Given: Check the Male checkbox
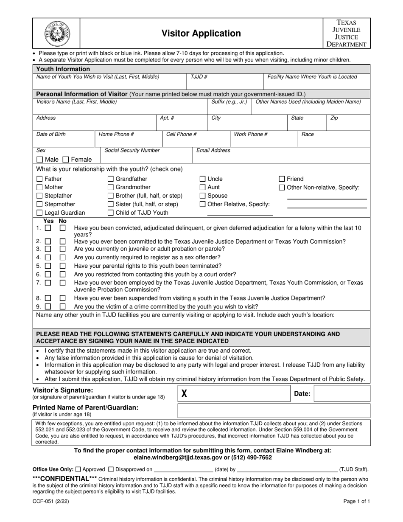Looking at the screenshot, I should point(40,160).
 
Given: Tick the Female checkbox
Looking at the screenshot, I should point(66,160).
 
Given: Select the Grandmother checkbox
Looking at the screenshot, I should point(111,187).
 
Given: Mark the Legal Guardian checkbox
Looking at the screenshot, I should point(40,213).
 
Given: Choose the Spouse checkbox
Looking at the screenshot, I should point(203,196).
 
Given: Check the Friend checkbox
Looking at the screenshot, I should point(282,179).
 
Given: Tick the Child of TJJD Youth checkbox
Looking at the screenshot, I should point(111,213).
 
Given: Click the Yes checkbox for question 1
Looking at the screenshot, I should point(48,228).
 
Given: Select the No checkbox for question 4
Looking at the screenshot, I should point(62,257).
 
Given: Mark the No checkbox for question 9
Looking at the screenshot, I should point(62,306).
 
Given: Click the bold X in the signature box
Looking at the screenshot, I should point(184,394).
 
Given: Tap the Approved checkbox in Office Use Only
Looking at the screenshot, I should point(78,469).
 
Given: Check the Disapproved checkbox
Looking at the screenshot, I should point(111,469).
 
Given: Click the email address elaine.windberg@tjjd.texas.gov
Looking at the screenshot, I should point(182,457).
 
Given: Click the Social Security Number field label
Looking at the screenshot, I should point(132,150).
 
